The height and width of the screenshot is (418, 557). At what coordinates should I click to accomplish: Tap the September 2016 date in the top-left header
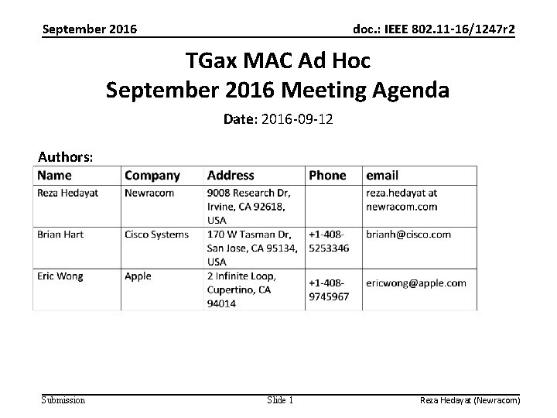pos(90,30)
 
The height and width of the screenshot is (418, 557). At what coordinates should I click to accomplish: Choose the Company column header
pos(152,176)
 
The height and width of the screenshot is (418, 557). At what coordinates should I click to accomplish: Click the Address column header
pos(232,176)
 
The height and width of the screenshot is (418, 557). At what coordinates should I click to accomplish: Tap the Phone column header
pos(327,176)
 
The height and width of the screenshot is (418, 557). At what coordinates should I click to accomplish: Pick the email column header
pos(382,176)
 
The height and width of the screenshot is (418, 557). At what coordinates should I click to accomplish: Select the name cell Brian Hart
pos(60,234)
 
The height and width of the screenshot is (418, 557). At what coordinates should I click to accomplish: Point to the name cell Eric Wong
pos(60,276)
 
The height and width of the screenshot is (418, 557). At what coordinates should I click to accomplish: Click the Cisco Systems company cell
pos(156,234)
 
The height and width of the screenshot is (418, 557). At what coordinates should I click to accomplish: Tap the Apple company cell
pos(138,276)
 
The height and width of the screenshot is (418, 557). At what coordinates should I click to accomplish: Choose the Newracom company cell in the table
pos(149,193)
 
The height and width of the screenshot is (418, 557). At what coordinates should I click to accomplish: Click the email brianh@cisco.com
pos(408,234)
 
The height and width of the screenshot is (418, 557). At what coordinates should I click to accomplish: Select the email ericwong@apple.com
pos(415,283)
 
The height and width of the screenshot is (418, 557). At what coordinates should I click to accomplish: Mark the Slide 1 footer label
pos(279,400)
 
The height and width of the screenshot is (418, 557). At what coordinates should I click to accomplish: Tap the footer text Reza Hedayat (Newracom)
pos(470,400)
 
